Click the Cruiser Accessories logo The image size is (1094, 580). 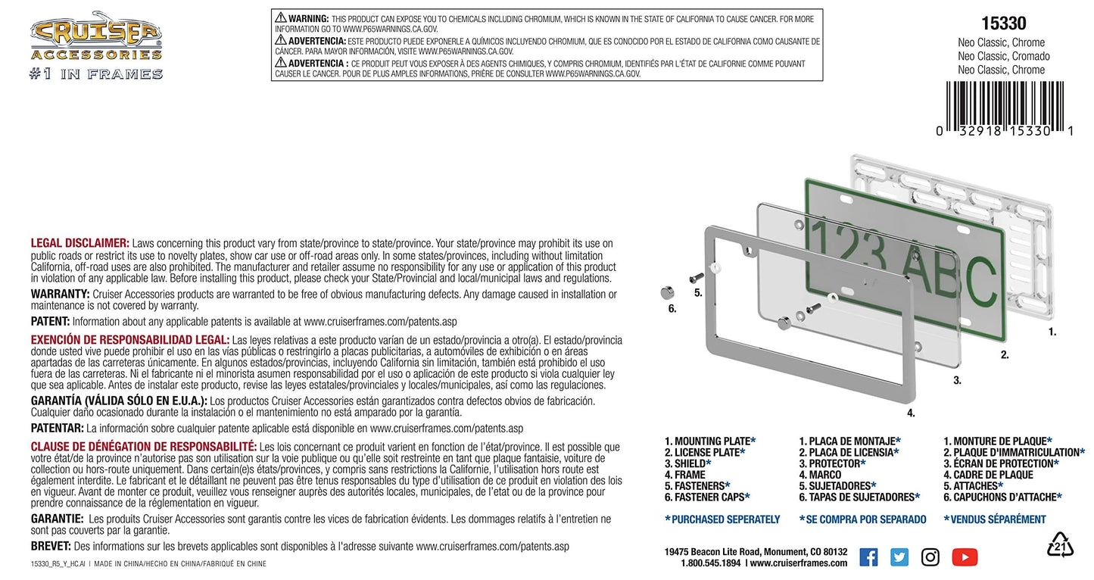pos(96,45)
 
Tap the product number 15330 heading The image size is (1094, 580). pos(1003,23)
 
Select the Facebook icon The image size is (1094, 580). pos(868,557)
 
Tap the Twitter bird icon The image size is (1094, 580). pos(899,557)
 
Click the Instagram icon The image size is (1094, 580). pos(930,557)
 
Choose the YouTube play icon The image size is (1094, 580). pos(965,557)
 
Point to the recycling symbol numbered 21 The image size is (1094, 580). pos(1060,545)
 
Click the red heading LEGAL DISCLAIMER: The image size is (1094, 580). pos(80,243)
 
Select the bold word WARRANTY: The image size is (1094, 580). pos(60,294)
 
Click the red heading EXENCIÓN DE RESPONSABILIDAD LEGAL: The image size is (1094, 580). pos(130,340)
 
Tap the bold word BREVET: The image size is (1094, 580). pos(51,546)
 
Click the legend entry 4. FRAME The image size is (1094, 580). pos(684,475)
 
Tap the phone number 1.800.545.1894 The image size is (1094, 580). pos(711,563)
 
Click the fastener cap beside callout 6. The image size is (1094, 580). pos(667,293)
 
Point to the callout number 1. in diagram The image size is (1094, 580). pos(1052,332)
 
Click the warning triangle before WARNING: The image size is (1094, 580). pos(280,17)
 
